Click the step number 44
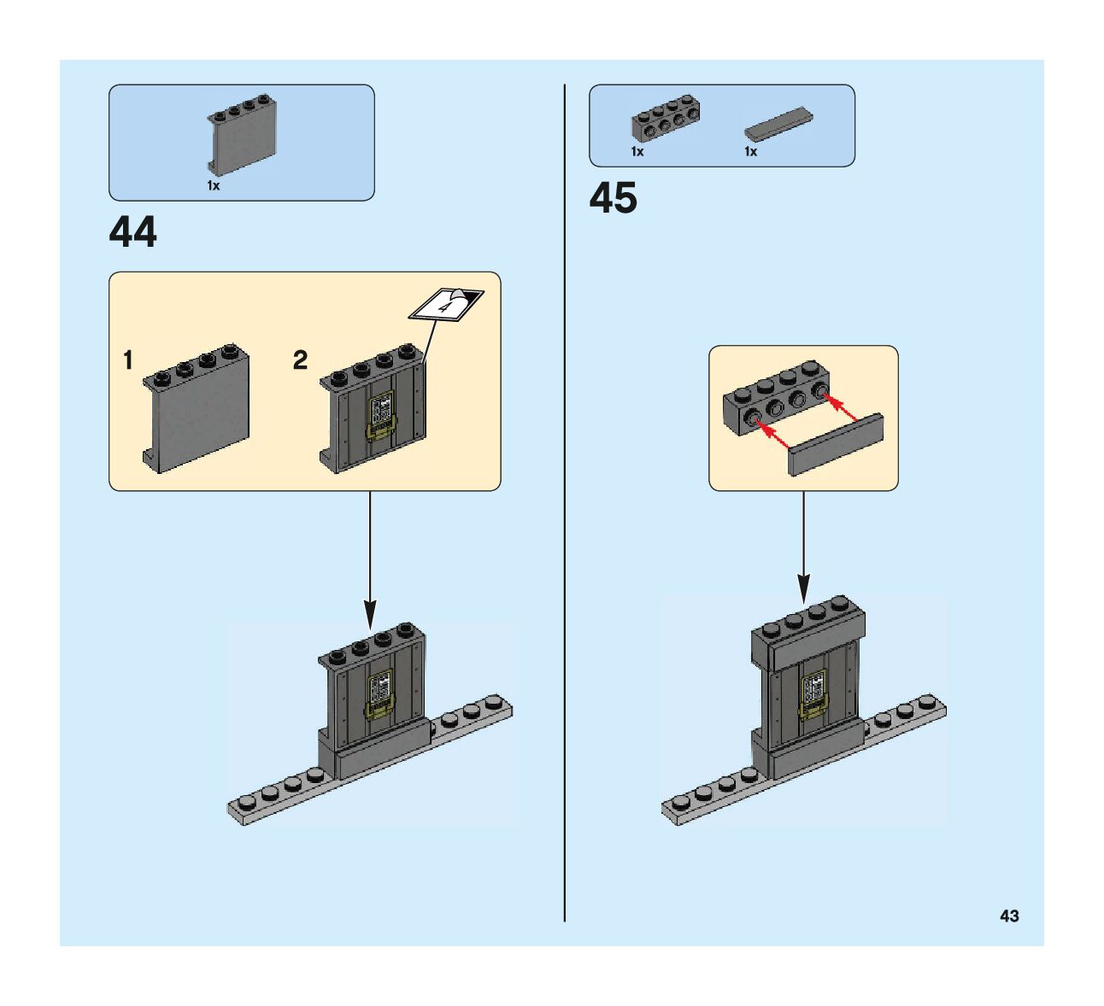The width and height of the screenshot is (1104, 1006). click(133, 232)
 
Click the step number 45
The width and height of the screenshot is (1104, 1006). click(613, 199)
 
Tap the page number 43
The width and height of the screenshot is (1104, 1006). click(1009, 916)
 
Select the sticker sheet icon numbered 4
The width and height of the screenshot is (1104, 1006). click(446, 304)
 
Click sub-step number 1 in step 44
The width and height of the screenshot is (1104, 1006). click(128, 361)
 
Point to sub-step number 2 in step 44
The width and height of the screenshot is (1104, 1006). click(300, 361)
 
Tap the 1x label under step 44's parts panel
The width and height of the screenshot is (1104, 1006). click(214, 185)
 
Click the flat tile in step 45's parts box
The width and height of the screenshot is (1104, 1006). click(778, 125)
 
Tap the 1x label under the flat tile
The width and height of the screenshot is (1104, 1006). click(750, 152)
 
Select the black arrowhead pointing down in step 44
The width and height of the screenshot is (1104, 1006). click(370, 613)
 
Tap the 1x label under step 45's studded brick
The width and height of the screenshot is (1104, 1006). click(637, 152)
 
